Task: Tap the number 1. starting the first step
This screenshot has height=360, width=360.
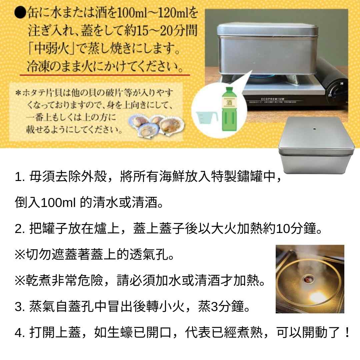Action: (20, 177)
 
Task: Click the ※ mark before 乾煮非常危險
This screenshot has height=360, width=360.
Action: (20, 281)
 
